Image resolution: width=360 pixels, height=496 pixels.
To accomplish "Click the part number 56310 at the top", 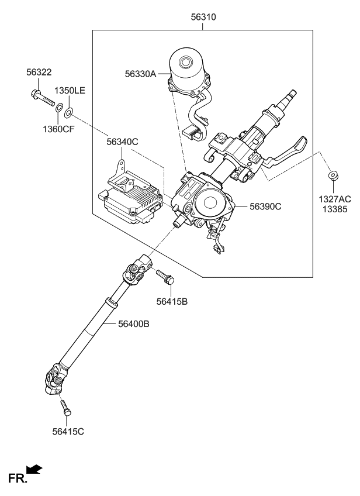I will pyautogui.click(x=203, y=18).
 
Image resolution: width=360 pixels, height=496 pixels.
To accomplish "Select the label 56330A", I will pyautogui.click(x=141, y=74).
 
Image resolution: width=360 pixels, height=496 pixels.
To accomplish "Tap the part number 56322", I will pyautogui.click(x=39, y=72).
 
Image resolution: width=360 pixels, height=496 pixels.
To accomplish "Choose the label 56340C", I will pyautogui.click(x=122, y=141).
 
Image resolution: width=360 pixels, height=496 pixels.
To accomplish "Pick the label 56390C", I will pyautogui.click(x=265, y=206).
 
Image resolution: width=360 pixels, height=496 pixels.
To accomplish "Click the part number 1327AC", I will pyautogui.click(x=334, y=200).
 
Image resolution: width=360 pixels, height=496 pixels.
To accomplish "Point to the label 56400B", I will pyautogui.click(x=133, y=323).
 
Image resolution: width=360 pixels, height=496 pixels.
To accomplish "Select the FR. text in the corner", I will pyautogui.click(x=17, y=479).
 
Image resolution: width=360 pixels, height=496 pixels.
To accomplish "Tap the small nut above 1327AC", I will pyautogui.click(x=333, y=175).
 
